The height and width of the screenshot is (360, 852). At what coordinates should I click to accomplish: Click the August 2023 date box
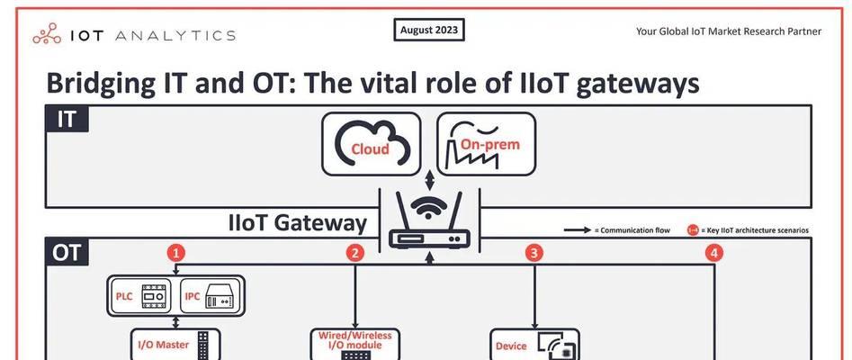point(429,31)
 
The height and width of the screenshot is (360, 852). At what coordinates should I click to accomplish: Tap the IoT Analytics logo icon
point(48,34)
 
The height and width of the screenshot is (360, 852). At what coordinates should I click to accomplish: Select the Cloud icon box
point(372,144)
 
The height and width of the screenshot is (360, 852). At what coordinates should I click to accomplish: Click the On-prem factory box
point(487,144)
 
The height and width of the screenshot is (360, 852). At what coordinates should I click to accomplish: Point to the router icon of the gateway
point(429,220)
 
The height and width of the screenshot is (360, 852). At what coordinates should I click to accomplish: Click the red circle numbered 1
point(176,253)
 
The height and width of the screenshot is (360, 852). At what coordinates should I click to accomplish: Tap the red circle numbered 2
point(354,253)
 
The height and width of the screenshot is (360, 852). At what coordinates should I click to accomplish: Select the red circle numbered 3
point(534,253)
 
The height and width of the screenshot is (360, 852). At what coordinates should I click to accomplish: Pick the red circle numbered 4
point(714,253)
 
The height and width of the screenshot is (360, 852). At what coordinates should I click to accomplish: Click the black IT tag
point(67,119)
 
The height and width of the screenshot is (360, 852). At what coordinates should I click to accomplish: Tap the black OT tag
point(67,252)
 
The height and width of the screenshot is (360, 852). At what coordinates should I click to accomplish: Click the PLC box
point(140,296)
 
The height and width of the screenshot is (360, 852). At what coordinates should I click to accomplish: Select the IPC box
point(210,296)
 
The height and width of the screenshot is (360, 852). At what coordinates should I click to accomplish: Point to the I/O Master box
point(175,344)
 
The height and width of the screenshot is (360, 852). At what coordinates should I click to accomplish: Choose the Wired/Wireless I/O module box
point(354,344)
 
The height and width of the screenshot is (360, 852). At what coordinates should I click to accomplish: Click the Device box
point(534,344)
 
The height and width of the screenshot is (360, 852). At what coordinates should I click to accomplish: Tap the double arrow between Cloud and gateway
point(429,180)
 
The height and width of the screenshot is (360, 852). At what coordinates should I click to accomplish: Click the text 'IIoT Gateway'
point(298,223)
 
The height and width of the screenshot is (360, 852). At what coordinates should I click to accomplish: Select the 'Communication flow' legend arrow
point(578,230)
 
